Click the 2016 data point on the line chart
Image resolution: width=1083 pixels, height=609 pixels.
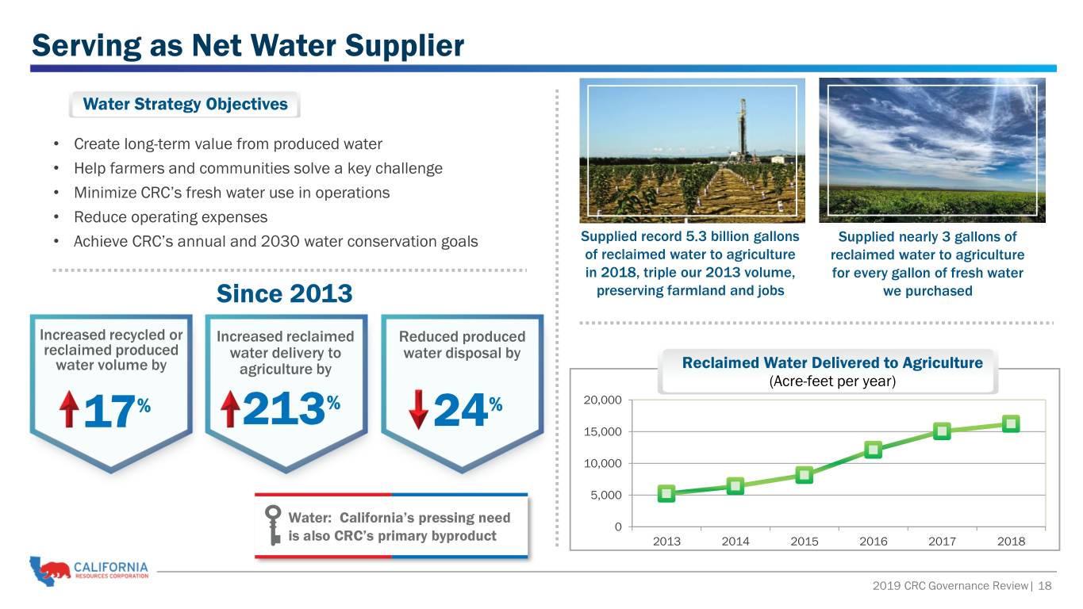pos(874,450)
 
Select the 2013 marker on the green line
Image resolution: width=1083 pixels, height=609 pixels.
pos(666,493)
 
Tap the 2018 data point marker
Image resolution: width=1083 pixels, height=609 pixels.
pos(1011,424)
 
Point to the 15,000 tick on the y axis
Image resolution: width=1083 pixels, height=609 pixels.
pos(602,431)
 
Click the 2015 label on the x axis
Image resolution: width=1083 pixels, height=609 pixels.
pos(804,542)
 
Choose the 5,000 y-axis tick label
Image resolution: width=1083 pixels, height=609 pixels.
pos(606,495)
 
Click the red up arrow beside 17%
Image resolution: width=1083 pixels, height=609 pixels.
pos(69,409)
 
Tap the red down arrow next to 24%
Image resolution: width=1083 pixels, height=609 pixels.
pos(418,409)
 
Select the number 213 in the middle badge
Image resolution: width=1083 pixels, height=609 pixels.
pos(284,409)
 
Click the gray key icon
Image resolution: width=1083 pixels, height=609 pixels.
pos(274,526)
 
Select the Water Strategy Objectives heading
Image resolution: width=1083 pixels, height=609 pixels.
pos(185,104)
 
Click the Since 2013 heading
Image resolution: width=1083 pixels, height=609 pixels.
pos(284,293)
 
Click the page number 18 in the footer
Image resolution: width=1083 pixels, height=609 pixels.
pos(1044,586)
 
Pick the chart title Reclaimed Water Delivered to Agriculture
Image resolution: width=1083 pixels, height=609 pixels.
pos(832,362)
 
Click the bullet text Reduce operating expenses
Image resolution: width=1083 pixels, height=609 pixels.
pos(171,217)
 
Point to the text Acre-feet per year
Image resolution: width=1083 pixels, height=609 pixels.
pos(832,381)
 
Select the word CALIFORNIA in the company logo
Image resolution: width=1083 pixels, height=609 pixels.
pos(111,567)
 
